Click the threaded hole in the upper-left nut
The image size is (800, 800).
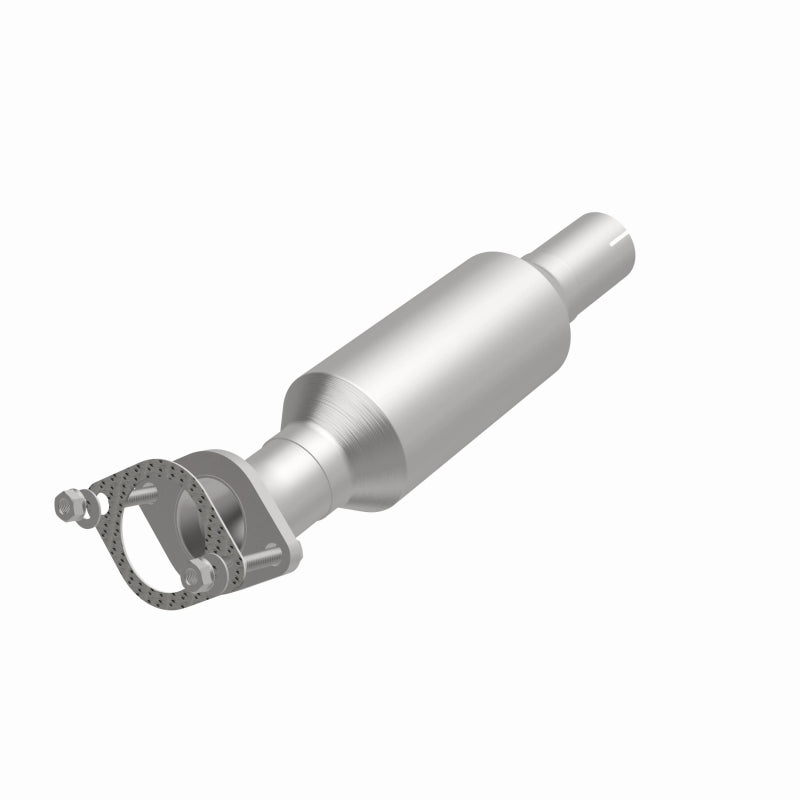tap(68, 507)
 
